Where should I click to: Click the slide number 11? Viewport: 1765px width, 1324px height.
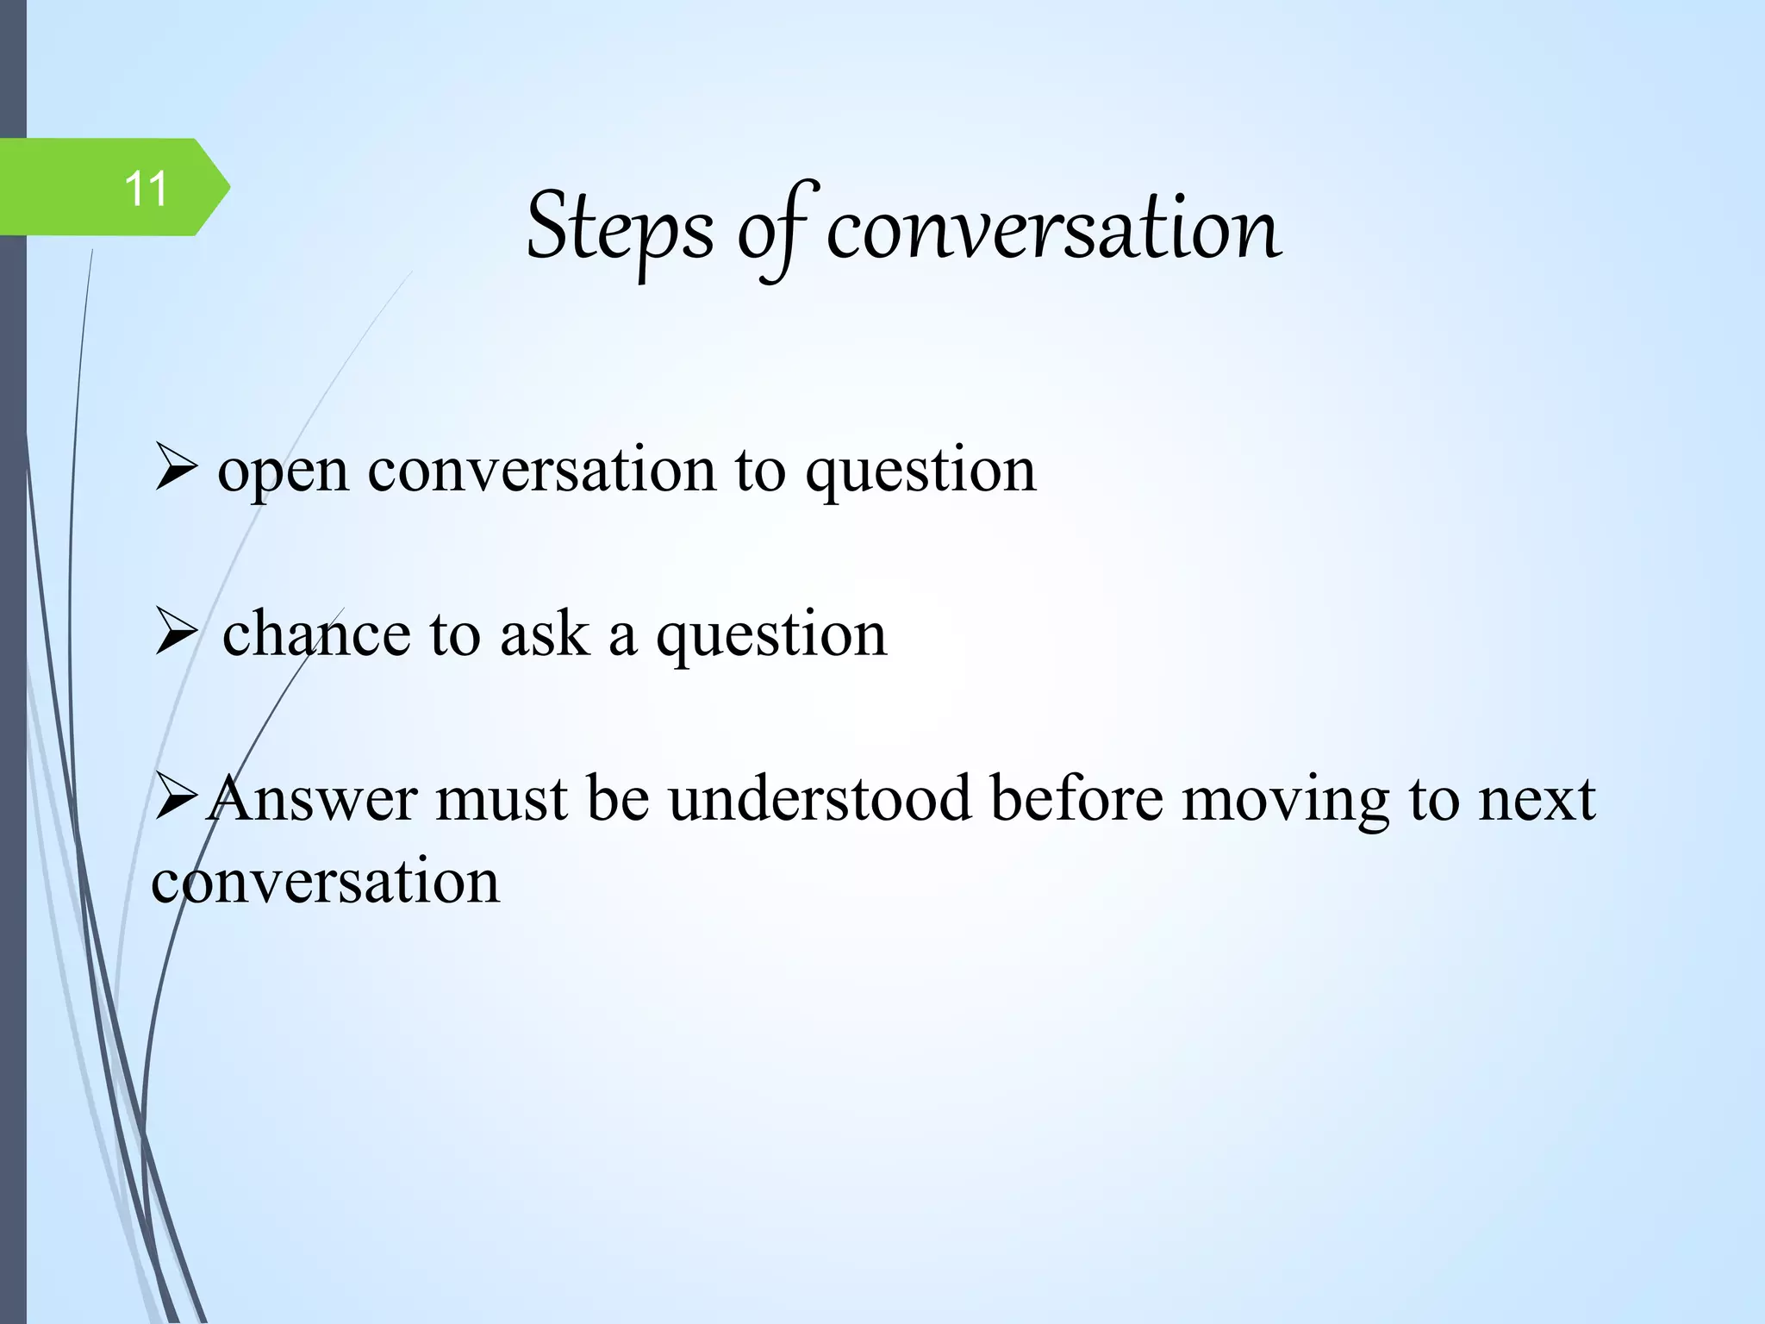(x=146, y=189)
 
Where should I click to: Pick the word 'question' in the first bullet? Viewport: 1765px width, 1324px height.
(x=920, y=472)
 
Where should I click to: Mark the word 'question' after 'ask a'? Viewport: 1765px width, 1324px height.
(x=771, y=636)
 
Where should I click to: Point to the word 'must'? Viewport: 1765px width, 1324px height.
(x=501, y=799)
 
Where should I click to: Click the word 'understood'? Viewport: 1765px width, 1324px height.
(x=819, y=799)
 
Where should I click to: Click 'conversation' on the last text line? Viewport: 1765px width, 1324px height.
(x=325, y=883)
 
